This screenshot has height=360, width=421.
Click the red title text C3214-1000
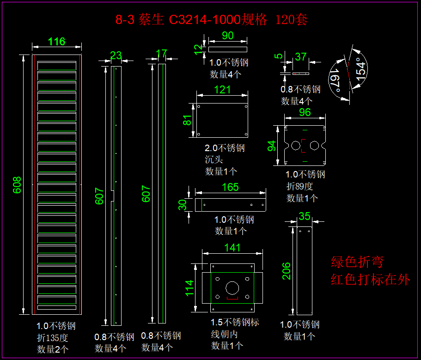coord(204,20)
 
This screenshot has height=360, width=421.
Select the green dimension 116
coord(57,42)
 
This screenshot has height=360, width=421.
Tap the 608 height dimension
coord(17,185)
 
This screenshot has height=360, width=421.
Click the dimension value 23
coord(116,56)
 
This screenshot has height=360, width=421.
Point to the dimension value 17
coord(161,54)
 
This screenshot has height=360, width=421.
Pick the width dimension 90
coord(228,36)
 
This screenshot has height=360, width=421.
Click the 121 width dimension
coord(223,90)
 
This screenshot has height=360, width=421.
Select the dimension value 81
coord(187,120)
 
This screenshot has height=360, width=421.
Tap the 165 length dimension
coord(230,187)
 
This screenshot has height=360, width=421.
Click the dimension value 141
coord(232,247)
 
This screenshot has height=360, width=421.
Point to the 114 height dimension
coord(189,288)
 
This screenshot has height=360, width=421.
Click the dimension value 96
coord(305,113)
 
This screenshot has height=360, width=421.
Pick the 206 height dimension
coord(287,271)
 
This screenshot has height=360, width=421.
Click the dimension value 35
coord(305,216)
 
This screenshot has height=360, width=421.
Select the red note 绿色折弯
coord(357,262)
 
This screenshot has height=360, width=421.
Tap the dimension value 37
coord(300,57)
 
